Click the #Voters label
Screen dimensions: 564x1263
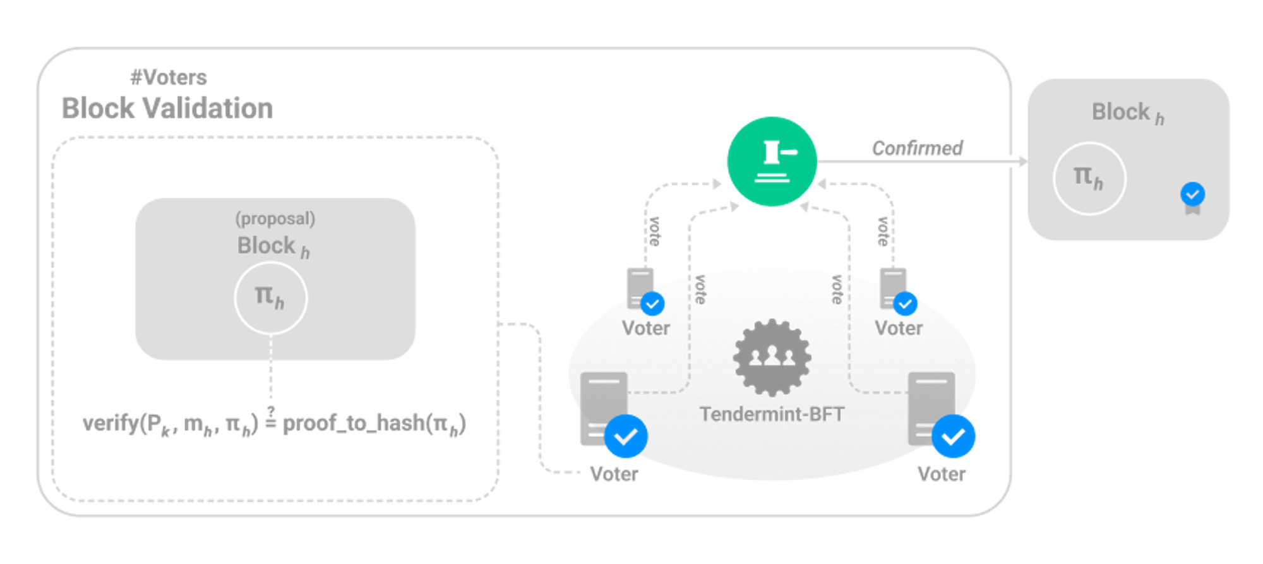169,78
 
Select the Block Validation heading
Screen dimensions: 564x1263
167,109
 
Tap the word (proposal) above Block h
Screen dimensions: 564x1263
275,219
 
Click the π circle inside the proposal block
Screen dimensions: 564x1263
271,298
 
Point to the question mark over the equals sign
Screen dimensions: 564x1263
271,411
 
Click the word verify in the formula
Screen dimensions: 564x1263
110,423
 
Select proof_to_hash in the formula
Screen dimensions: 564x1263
353,423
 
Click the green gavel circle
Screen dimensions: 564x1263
772,162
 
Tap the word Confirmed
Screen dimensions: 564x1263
917,148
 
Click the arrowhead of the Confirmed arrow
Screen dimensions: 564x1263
1022,162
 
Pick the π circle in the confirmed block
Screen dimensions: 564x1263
1089,179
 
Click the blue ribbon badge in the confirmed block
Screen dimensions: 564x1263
1192,196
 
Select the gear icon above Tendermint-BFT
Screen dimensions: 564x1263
772,357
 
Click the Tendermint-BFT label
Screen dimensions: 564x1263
772,414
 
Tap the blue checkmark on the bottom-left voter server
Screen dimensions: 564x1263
625,436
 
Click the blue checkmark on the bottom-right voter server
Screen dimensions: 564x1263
953,436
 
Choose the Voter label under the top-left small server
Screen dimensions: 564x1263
645,328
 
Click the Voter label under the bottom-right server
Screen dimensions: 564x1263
941,474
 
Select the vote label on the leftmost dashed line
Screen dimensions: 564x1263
655,231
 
